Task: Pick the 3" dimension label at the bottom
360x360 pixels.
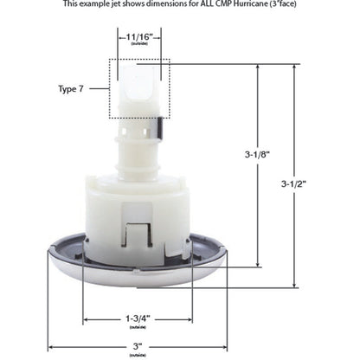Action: pyautogui.click(x=139, y=345)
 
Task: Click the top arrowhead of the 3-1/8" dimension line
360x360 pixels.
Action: pyautogui.click(x=257, y=69)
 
